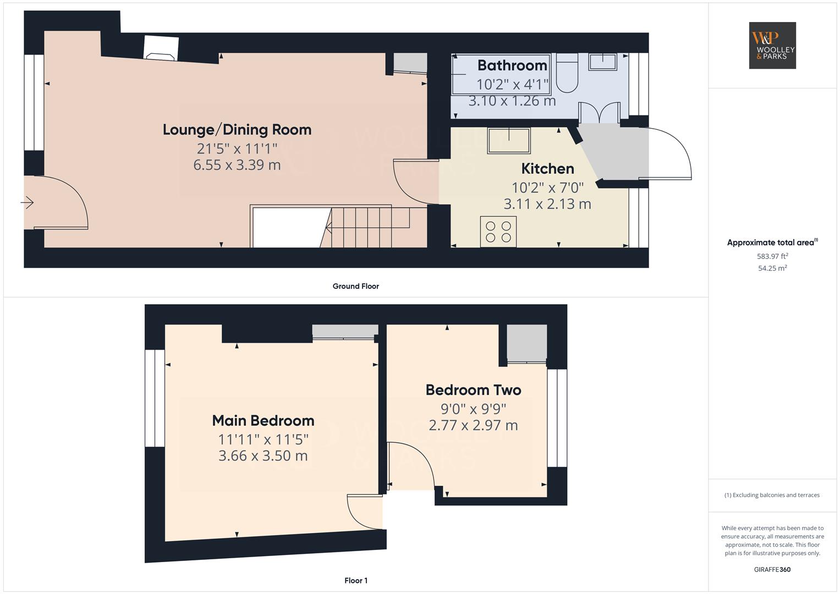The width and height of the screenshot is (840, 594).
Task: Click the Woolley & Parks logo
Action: tap(772, 45)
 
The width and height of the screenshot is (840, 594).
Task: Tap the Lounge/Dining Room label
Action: tap(237, 130)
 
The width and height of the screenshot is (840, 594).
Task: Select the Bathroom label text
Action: tap(512, 65)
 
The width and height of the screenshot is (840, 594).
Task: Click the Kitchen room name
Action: tap(547, 169)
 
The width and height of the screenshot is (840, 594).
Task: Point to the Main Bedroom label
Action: tap(263, 420)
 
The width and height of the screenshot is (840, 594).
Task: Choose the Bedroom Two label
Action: tap(473, 390)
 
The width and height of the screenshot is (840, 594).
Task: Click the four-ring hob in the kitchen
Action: tap(498, 232)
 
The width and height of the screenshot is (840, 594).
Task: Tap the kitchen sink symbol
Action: tap(509, 141)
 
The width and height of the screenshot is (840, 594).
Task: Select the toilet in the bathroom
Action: tap(567, 73)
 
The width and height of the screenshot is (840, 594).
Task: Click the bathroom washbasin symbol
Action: tap(602, 62)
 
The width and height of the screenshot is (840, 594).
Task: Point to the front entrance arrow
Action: tap(27, 203)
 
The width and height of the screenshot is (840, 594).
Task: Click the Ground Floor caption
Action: tap(355, 286)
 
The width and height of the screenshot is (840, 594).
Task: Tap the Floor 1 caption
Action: tap(355, 580)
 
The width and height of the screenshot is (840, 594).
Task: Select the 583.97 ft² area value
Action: tap(772, 256)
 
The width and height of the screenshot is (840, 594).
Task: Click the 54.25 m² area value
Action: tap(772, 268)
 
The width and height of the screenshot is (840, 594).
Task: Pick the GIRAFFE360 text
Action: tap(772, 570)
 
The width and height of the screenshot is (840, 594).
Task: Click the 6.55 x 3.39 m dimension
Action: tap(237, 165)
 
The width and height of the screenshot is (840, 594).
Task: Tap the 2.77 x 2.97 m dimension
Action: tap(473, 425)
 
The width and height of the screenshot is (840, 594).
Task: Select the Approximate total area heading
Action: tap(772, 242)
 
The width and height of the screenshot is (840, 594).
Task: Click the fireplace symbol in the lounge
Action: tap(161, 48)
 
